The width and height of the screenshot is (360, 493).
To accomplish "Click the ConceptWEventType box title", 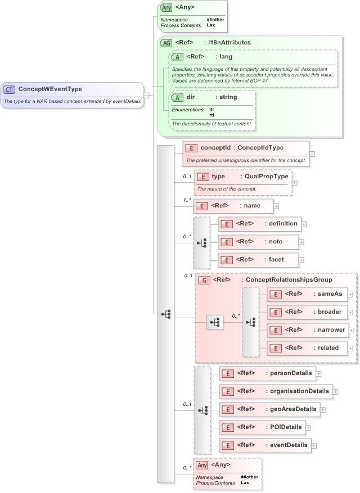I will pos(50,89).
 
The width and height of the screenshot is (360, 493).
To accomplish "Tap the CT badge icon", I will pos(10,89).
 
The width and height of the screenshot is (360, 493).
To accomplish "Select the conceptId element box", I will pos(246,148).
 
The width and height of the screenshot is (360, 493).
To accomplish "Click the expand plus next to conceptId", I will pos(312,153).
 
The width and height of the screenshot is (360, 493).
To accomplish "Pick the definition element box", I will pos(259,224).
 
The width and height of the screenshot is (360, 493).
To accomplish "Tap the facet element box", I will pos(259,260).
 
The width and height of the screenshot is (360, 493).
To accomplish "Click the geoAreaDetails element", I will pos(269,409).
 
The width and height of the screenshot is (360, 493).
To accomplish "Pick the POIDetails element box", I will pos(262,427).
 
